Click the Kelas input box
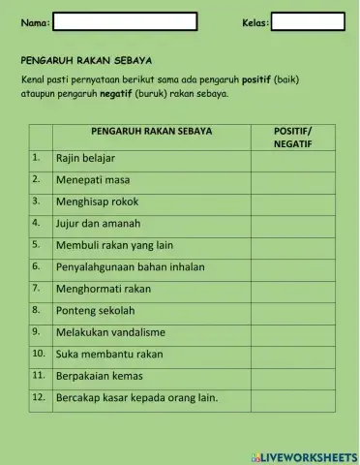pos(308,21)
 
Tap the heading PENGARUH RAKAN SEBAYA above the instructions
pos(87,59)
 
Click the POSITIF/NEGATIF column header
pos(292,136)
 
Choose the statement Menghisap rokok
pos(97,201)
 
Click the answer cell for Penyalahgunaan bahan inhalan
pos(292,266)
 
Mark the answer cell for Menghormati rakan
pos(292,289)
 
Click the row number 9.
pos(36,331)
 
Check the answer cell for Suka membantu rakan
pos(292,354)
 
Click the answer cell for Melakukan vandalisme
pos(292,332)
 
